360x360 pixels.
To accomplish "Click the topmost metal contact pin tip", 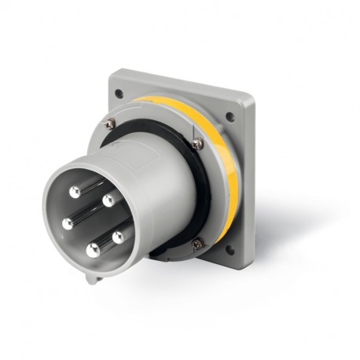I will (x=74, y=191).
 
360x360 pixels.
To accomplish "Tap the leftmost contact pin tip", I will (x=68, y=224).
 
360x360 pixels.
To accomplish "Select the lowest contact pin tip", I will (x=94, y=251).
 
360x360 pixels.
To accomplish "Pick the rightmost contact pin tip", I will (x=118, y=235).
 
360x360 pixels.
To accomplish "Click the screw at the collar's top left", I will (x=110, y=123).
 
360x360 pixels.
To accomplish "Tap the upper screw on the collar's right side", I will (x=197, y=144).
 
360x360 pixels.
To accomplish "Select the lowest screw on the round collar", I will (x=197, y=244).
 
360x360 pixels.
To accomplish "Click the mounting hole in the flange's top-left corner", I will (x=119, y=93).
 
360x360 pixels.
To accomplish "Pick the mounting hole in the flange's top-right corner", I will (x=230, y=117).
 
